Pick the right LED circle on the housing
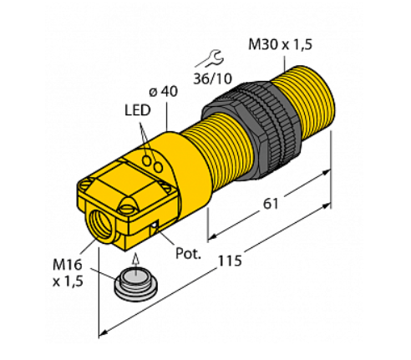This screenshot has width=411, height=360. tap(159, 167)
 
